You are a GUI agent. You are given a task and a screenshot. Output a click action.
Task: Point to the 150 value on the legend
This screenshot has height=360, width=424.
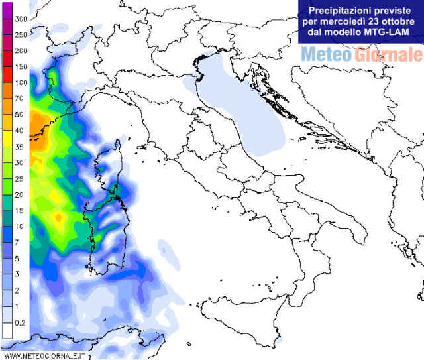click(20, 66)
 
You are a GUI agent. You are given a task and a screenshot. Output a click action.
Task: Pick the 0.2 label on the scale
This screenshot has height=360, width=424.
click(20, 323)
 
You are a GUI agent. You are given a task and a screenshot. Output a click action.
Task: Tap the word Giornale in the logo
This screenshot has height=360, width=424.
click(387, 54)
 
